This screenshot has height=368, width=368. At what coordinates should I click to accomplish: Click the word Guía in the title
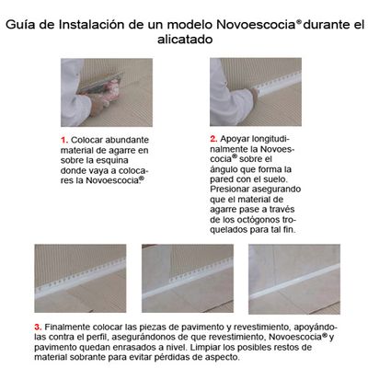[x=20, y=25]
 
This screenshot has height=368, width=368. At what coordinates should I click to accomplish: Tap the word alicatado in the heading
[x=185, y=40]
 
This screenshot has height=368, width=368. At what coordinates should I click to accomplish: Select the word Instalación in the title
[x=91, y=25]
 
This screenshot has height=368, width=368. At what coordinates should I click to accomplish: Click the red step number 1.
[x=64, y=141]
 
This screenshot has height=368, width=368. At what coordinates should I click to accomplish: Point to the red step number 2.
[x=213, y=139]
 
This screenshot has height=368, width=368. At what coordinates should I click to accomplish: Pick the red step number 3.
[x=38, y=327]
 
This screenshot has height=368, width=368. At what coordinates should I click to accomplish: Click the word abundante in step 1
[x=127, y=140]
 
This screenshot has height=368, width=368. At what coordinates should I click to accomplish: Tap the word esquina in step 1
[x=112, y=161]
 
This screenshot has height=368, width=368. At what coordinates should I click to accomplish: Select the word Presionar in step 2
[x=229, y=190]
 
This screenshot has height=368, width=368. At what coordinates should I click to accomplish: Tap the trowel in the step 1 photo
[x=99, y=84]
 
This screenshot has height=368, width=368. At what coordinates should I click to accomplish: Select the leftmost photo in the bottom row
[x=80, y=279]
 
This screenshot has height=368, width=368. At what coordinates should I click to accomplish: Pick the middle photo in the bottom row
[x=188, y=279]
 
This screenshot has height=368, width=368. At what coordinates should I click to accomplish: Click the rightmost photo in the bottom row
[x=294, y=279]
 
